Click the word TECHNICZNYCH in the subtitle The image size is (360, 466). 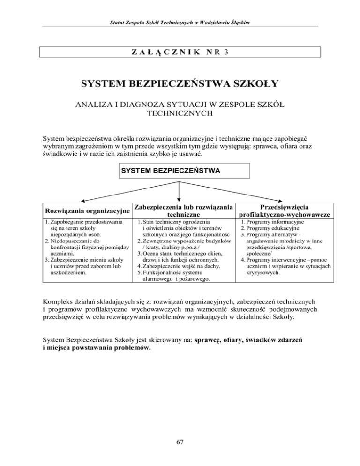(180, 113)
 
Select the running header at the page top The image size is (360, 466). (180, 23)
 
